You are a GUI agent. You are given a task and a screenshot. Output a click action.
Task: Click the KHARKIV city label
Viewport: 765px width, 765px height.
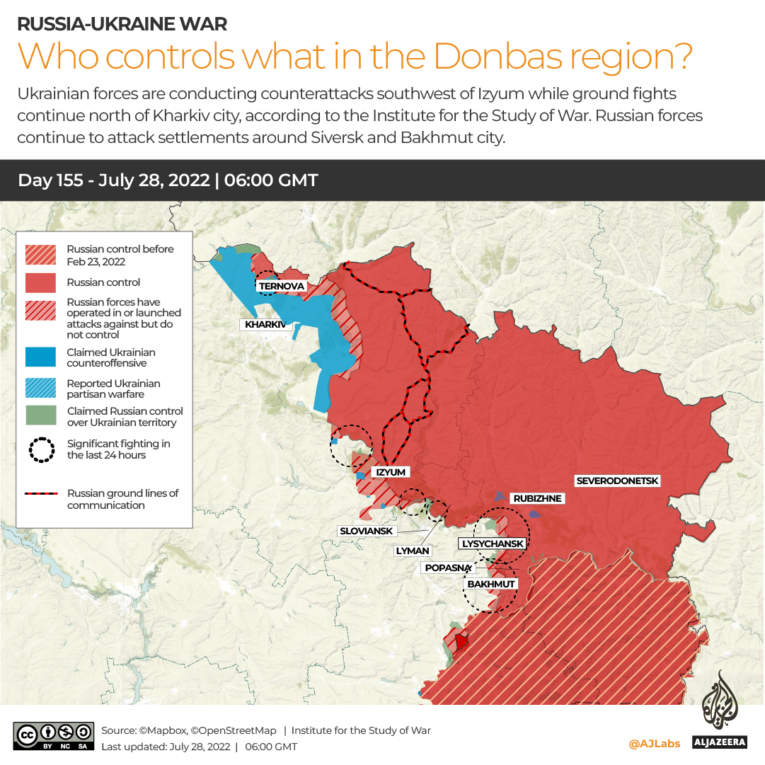[x=265, y=325]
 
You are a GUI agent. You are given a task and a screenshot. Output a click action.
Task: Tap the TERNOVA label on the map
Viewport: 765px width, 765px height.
[x=282, y=286]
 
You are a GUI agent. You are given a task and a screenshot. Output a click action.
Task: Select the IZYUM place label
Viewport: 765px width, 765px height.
[x=391, y=472]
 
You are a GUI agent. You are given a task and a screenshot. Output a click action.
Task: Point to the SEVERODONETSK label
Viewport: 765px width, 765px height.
[x=617, y=481]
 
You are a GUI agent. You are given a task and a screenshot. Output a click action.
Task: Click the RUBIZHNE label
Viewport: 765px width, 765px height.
[x=537, y=498]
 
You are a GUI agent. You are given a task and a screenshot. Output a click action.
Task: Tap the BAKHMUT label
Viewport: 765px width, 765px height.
[x=491, y=584]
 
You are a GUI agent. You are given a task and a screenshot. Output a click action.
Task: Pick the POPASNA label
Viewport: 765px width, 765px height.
[x=448, y=568]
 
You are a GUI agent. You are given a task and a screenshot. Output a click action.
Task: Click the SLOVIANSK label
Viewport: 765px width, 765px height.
[x=366, y=531]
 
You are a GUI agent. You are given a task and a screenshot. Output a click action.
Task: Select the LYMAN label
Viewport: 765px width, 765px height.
[x=413, y=550]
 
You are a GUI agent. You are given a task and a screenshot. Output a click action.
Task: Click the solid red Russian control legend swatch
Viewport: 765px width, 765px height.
[x=40, y=282]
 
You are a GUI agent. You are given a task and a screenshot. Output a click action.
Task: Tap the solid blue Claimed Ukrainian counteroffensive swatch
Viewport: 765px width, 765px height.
[x=40, y=357]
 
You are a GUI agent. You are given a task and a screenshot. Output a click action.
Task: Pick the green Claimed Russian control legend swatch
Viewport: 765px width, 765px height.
[x=40, y=416]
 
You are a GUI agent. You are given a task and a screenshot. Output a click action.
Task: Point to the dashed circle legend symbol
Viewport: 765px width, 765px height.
[x=40, y=450]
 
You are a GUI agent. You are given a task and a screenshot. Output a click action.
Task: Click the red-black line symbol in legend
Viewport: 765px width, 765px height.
[x=40, y=494]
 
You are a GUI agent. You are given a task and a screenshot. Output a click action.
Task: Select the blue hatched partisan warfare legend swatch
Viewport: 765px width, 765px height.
[x=40, y=389]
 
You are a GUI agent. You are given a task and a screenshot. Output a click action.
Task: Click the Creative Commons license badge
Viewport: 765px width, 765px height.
[x=53, y=737]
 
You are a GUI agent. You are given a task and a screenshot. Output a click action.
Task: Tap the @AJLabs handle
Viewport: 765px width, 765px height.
[x=654, y=743]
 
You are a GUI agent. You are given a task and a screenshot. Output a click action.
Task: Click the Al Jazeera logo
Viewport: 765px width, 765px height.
[x=719, y=711]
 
